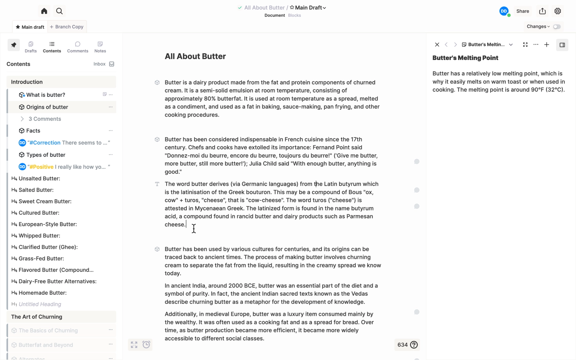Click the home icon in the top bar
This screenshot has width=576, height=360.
pos(44,11)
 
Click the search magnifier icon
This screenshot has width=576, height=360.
pos(59,11)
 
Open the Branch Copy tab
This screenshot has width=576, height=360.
pos(67,27)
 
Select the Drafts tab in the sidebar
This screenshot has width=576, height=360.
pos(31,47)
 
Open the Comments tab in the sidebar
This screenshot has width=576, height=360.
pos(77,47)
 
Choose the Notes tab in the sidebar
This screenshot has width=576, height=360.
pos(100,47)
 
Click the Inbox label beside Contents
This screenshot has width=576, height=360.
pos(99,64)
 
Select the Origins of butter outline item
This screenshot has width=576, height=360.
pos(47,107)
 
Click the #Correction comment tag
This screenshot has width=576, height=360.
pos(45,143)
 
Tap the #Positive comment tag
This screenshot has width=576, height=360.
pos(42,167)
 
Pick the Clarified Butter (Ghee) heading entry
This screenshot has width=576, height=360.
pos(48,247)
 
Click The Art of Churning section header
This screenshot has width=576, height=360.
pos(37,317)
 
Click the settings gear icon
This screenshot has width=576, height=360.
pos(558,11)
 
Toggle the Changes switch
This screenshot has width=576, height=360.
pos(557,27)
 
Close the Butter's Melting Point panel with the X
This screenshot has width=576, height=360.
pos(437,45)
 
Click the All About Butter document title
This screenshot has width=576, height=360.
pos(195,57)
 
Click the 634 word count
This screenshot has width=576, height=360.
pos(403,345)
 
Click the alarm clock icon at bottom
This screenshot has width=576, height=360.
pos(146,345)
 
